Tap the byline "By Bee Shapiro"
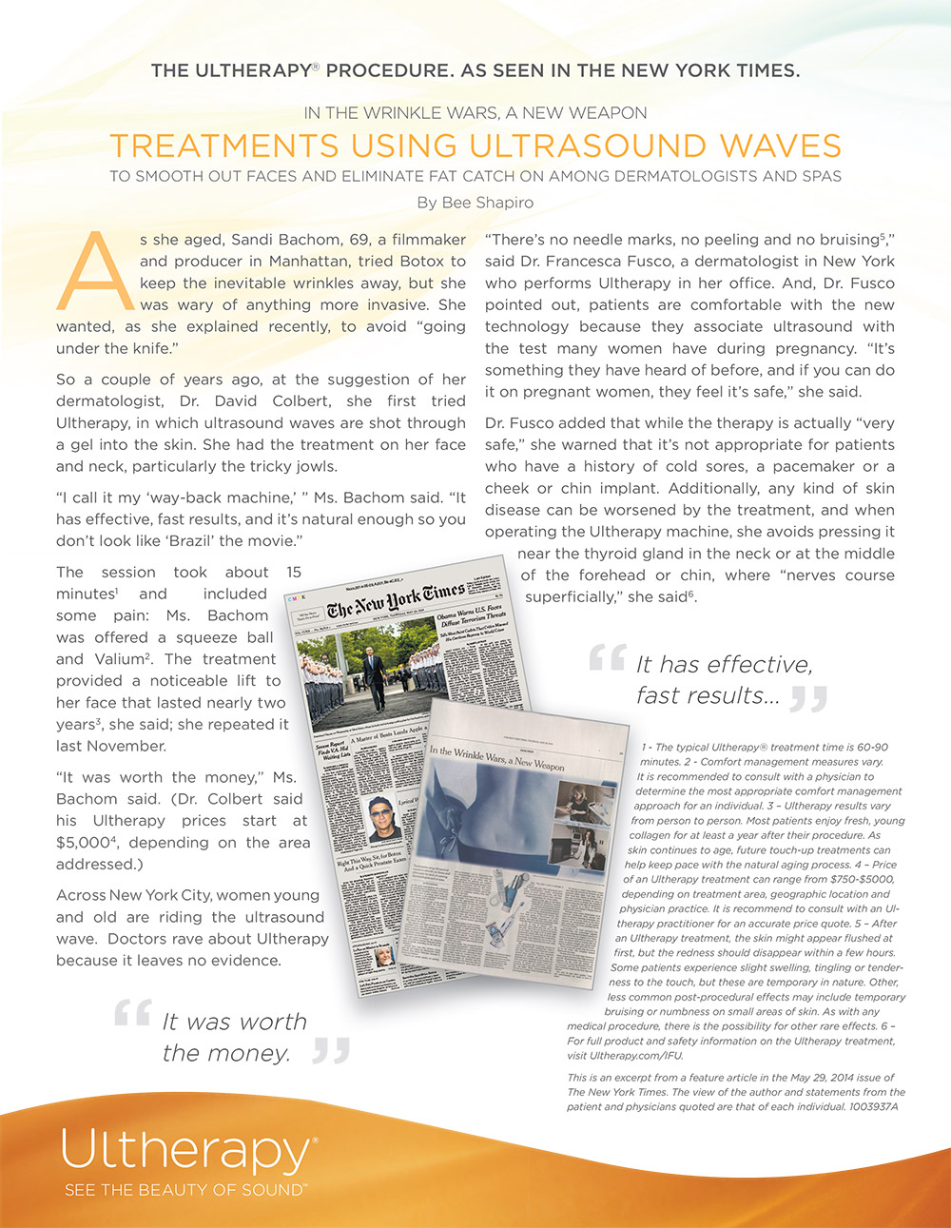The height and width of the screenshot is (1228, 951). point(475,203)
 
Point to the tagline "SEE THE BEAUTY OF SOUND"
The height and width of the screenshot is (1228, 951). point(184,1190)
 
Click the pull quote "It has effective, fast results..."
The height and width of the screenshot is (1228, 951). point(723,679)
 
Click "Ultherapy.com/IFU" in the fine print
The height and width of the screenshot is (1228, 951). point(625,1056)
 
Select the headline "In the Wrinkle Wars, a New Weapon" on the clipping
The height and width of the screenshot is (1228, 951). point(496,757)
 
